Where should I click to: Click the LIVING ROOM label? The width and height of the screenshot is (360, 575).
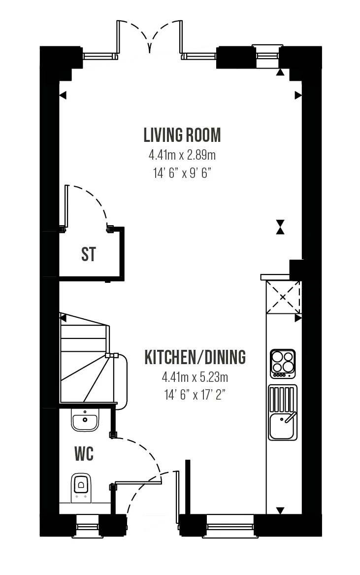pos(182,135)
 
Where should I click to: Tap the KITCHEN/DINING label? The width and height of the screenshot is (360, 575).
pos(195,357)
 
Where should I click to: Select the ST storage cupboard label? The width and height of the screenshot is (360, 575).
pos(89,254)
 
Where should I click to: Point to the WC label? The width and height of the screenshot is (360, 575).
pos(84,454)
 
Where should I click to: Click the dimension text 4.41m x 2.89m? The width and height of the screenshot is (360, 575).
pos(182,155)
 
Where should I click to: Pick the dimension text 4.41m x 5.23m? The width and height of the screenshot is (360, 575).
pos(195,377)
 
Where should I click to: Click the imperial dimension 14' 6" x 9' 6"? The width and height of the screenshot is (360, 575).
pos(182,173)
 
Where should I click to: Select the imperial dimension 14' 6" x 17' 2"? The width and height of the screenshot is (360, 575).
pos(195,395)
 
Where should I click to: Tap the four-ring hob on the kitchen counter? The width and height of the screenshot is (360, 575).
pos(283,364)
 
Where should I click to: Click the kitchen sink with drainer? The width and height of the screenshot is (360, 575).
pos(283,412)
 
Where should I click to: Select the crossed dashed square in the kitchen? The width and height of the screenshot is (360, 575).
pos(283,298)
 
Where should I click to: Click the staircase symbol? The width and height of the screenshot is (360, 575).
pos(88,359)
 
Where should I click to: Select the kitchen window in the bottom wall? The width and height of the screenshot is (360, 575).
pos(230,526)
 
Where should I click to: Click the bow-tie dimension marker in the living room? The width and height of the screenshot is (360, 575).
pos(280,227)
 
